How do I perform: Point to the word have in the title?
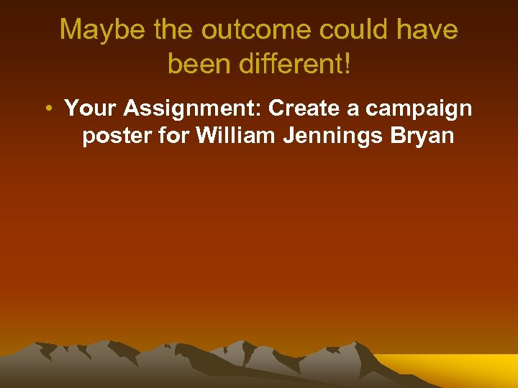(429, 31)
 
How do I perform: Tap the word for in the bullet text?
(173, 135)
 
